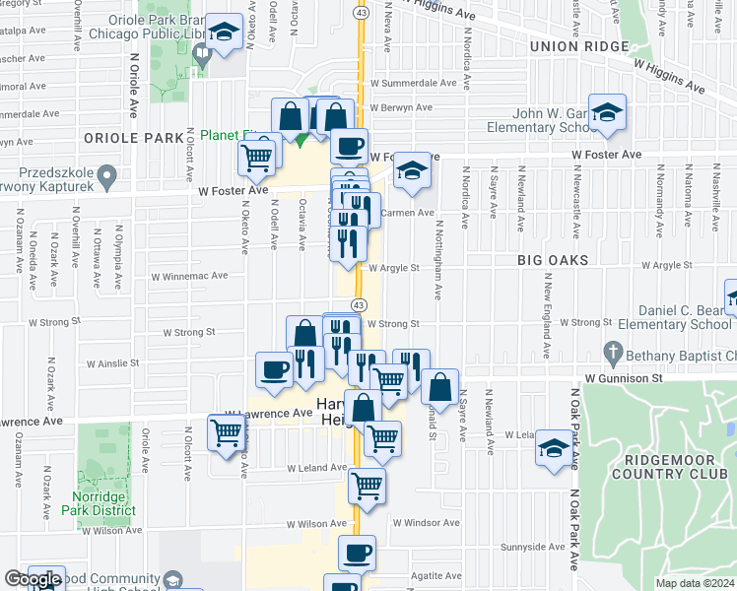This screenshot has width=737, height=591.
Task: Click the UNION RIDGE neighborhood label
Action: (578, 46)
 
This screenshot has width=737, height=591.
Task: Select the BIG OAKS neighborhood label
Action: (553, 260)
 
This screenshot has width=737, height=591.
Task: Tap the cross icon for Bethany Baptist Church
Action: (612, 351)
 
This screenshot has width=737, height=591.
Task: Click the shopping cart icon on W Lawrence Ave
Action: (227, 430)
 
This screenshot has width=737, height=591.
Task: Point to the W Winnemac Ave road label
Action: (189, 277)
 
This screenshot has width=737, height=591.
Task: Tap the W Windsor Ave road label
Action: (426, 523)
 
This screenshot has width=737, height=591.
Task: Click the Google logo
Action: (32, 580)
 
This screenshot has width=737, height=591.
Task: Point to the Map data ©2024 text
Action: (695, 583)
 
